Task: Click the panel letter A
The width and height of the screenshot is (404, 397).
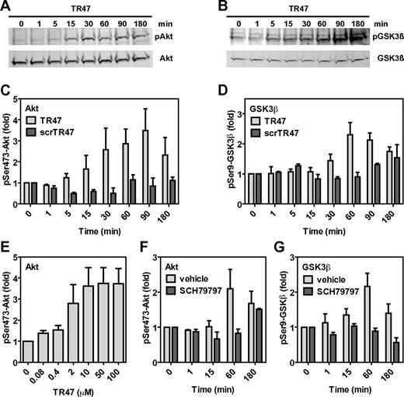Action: click(x=6, y=7)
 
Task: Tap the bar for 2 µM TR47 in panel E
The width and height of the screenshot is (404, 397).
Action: click(x=78, y=322)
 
